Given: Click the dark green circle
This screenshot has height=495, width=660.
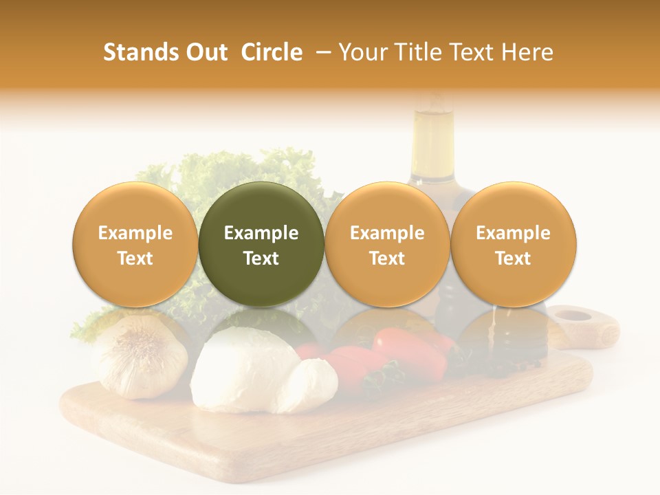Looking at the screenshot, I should (261, 244).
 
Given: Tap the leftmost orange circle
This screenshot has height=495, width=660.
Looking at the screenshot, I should (135, 244).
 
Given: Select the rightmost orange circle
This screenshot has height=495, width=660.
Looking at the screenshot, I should (514, 244).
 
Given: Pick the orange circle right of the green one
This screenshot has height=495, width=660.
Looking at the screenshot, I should (387, 244).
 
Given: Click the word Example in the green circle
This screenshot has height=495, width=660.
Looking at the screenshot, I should (261, 233).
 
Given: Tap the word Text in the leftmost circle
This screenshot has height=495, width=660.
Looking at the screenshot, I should (135, 258).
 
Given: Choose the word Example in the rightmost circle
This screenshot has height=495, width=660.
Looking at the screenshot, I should (514, 233).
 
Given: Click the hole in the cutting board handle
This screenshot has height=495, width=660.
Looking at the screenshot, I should (575, 316).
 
